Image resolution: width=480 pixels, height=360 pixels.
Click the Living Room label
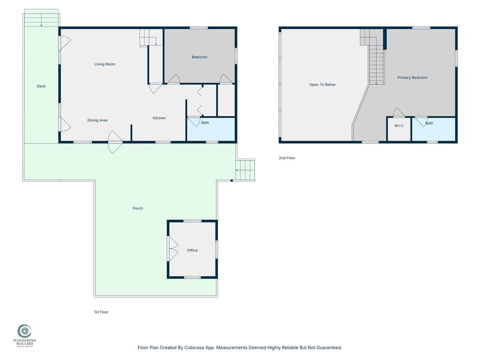point(105,64)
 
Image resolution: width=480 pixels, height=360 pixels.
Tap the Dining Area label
point(97,120)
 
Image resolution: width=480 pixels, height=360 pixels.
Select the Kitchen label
point(159,118)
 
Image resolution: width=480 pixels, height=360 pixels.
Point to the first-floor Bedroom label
point(199,57)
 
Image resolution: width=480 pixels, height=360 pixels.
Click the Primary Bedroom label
point(412,78)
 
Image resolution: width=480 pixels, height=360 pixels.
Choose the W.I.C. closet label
point(399,126)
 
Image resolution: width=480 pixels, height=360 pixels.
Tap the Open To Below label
point(322,85)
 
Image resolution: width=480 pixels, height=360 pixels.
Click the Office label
point(192,250)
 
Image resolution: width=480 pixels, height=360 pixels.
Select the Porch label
point(138,209)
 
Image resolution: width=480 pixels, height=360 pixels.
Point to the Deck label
point(41,86)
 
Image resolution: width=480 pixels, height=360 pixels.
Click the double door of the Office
point(173,248)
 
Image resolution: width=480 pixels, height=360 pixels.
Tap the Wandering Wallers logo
point(24,336)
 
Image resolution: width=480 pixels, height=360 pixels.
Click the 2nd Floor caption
point(287,158)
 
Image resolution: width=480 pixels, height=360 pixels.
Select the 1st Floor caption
point(101,312)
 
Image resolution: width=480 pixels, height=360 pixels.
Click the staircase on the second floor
point(376,66)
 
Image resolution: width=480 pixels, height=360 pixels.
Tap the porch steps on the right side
point(246,170)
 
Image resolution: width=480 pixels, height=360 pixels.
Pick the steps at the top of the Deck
point(42,19)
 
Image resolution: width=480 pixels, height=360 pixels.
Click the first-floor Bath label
point(205,123)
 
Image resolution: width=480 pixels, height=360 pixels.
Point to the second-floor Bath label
point(429,123)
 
